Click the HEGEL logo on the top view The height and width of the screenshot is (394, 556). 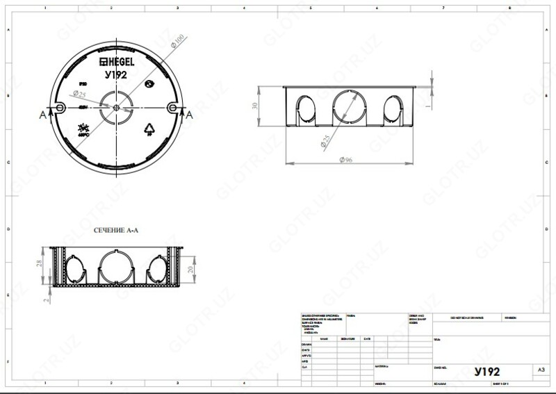click(x=117, y=63)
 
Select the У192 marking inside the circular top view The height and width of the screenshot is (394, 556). click(x=115, y=75)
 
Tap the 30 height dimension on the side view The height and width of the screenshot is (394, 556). click(x=255, y=106)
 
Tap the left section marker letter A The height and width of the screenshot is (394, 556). click(x=42, y=115)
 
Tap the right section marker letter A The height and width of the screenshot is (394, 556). click(x=188, y=115)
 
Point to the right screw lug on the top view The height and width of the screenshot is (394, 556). click(x=170, y=108)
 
